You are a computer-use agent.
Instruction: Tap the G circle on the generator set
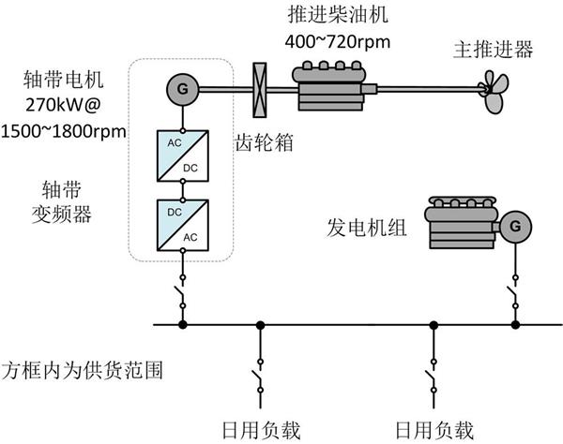coord(514,226)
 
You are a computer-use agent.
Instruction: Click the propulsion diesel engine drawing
coord(329,84)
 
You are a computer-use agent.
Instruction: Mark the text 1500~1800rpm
coord(64,129)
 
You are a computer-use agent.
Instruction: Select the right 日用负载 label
coord(434,430)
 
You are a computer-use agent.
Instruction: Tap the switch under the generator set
coord(514,295)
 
